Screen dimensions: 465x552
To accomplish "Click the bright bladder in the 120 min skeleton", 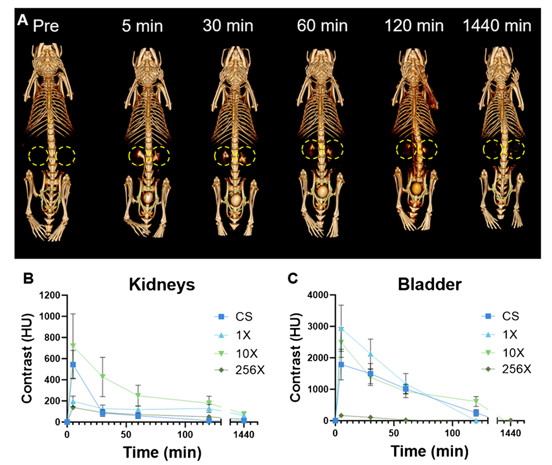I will pos(416,188).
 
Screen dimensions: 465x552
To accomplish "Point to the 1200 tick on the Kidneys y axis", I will pos(50,296).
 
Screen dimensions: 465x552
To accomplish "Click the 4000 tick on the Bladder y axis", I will pos(319,296).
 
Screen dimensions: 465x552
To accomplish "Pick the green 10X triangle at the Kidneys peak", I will pos(73,346).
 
